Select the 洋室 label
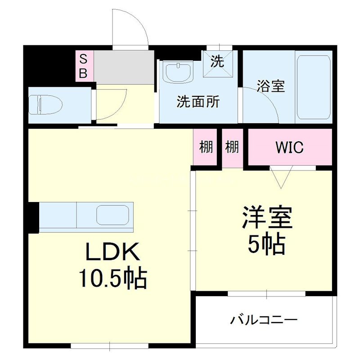(267, 218)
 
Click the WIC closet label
(289, 147)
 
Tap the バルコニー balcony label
(265, 321)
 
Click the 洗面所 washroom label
(198, 102)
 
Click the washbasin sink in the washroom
(179, 72)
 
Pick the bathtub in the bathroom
(314, 87)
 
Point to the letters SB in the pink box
(84, 66)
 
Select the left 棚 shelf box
(206, 147)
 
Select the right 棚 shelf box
(232, 147)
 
